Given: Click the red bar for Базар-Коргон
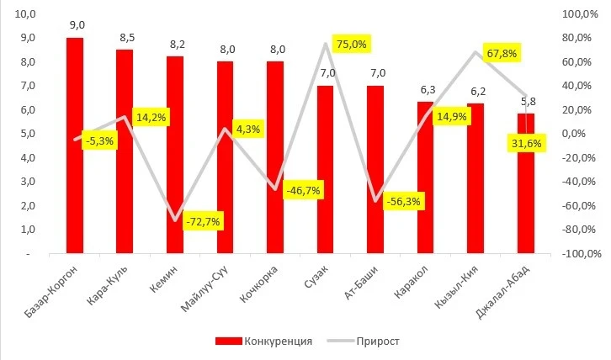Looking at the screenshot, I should tap(75, 145).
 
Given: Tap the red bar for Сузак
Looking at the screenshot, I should tap(325, 168).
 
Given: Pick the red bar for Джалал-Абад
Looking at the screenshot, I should tap(525, 193).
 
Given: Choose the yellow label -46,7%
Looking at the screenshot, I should tap(303, 191).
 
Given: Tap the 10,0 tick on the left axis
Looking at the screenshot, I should tap(26, 14).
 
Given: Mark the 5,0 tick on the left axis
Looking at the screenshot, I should tap(26, 134).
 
